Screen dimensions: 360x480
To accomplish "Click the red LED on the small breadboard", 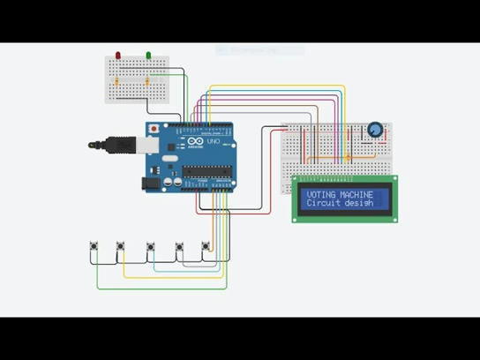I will click(x=118, y=56).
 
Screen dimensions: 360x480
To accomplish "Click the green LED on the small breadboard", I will click(x=148, y=56).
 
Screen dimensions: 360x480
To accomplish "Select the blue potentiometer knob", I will click(x=375, y=131).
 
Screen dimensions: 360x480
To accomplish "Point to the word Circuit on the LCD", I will click(x=323, y=203).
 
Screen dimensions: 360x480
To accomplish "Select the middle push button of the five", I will click(x=152, y=247).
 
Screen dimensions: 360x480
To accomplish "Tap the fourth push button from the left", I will click(x=180, y=247).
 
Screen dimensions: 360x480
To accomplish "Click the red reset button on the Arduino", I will click(x=154, y=129).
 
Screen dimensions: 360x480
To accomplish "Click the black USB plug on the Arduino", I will click(x=107, y=143).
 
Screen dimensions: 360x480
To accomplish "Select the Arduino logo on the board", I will click(x=197, y=142).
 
